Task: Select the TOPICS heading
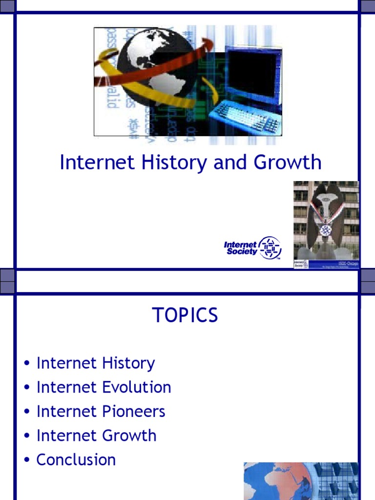click(x=186, y=316)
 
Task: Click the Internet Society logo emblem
click(x=270, y=248)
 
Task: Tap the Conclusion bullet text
click(x=76, y=459)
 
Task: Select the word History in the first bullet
click(x=128, y=363)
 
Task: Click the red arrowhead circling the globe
click(x=208, y=45)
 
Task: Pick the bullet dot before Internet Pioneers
click(x=28, y=412)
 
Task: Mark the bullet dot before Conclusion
click(x=28, y=460)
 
